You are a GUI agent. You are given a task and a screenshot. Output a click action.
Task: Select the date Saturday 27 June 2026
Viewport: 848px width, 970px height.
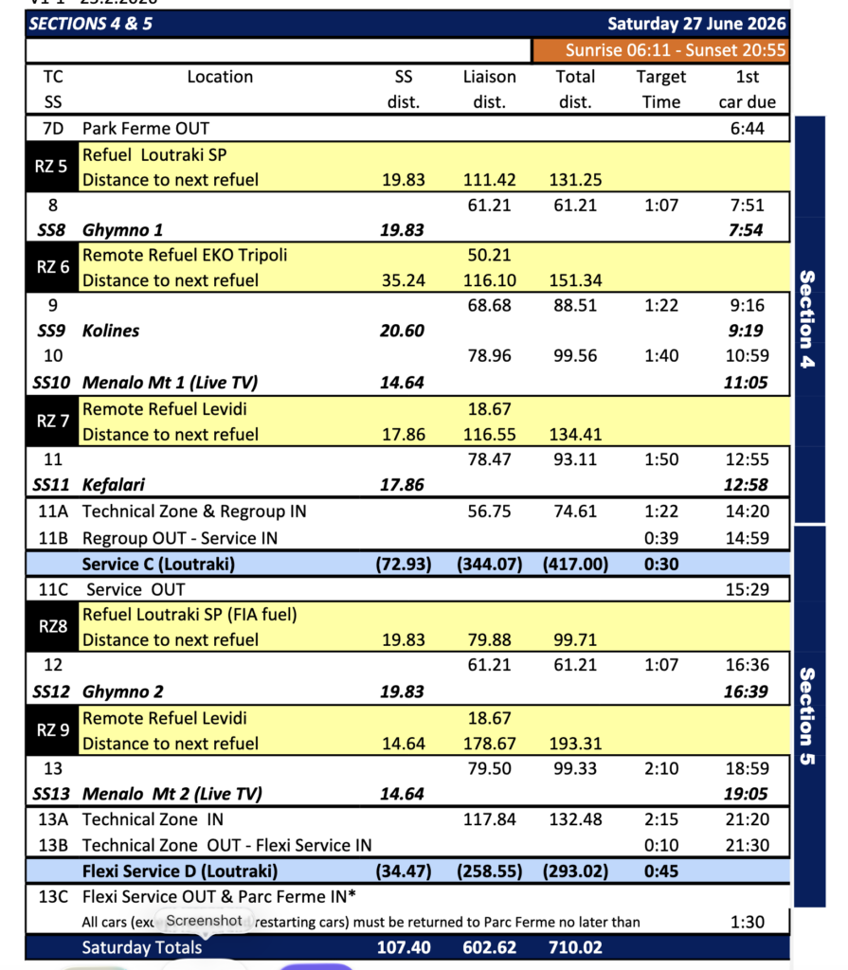coord(696,24)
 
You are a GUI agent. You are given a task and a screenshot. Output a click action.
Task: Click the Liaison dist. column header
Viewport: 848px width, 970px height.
coord(489,89)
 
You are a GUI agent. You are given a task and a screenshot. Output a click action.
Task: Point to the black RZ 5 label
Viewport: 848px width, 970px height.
coord(51,167)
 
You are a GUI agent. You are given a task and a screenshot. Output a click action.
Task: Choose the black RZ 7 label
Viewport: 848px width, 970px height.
coord(51,422)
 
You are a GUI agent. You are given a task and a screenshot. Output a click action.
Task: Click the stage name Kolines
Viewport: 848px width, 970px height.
coord(111,332)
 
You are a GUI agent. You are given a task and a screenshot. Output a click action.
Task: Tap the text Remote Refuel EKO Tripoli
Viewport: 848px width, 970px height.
coord(185,255)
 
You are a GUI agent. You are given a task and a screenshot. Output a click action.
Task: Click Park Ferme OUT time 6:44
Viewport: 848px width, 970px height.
coord(748,128)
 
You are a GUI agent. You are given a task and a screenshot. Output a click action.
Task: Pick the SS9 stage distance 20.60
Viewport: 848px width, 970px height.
coord(403,332)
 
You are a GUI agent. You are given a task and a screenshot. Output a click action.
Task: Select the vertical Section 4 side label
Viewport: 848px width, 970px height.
coord(807,320)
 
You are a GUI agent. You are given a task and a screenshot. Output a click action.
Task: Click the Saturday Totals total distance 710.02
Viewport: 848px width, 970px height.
coord(575,946)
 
